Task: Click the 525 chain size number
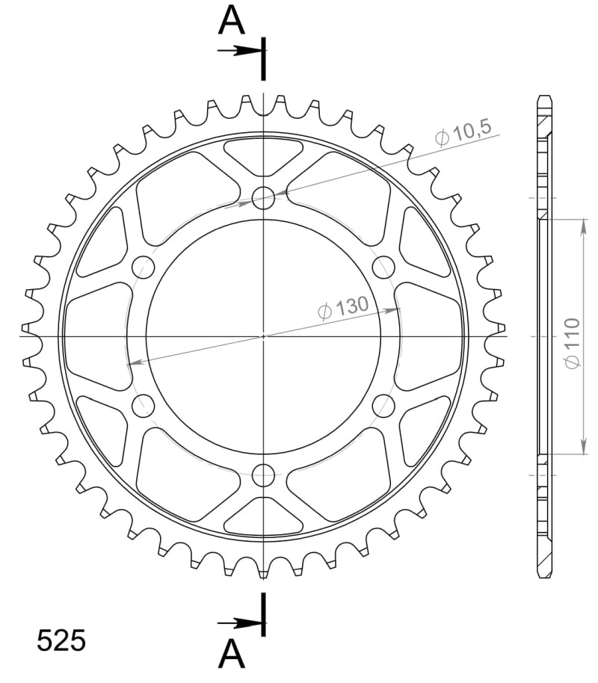click(x=62, y=641)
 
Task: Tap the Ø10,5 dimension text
click(x=463, y=134)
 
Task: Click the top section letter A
click(x=232, y=22)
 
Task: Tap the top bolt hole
click(x=263, y=198)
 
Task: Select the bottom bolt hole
click(x=263, y=474)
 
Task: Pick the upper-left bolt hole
click(x=143, y=267)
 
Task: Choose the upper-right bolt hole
click(x=383, y=267)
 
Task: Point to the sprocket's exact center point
click(x=263, y=336)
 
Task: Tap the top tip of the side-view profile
click(x=544, y=98)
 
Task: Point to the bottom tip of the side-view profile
click(x=544, y=575)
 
